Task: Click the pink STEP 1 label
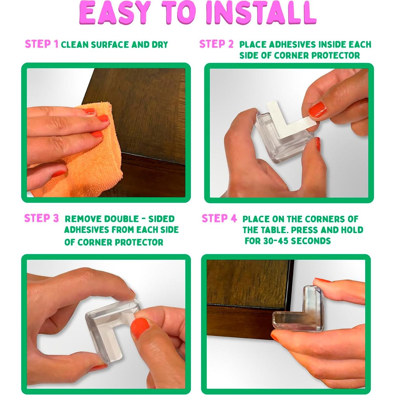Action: point(42,44)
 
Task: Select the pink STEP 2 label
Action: point(216,44)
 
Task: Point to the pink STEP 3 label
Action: point(41,218)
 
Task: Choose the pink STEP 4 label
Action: point(219,218)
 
